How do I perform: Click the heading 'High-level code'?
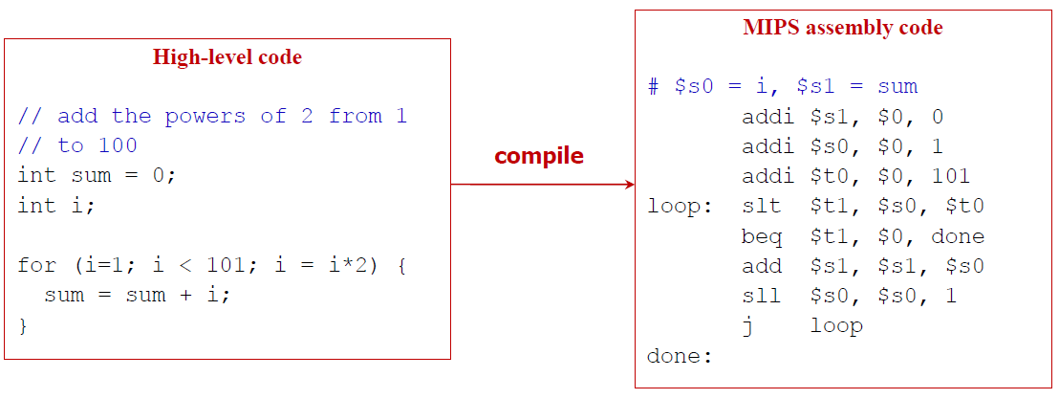click(227, 57)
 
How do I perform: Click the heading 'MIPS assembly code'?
click(842, 28)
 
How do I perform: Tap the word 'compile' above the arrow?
click(538, 156)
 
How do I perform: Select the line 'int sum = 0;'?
click(97, 176)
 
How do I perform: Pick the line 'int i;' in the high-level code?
click(56, 206)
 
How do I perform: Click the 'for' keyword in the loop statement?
click(36, 265)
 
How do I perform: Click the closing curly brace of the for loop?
click(23, 325)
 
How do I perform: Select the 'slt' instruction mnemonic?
click(761, 206)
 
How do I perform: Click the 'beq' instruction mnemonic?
click(761, 236)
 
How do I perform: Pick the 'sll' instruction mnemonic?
click(761, 296)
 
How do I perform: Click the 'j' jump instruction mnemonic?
click(747, 325)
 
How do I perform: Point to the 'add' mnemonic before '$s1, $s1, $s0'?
click(761, 266)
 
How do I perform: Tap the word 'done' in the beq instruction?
click(957, 236)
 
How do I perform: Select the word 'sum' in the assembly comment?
click(897, 87)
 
